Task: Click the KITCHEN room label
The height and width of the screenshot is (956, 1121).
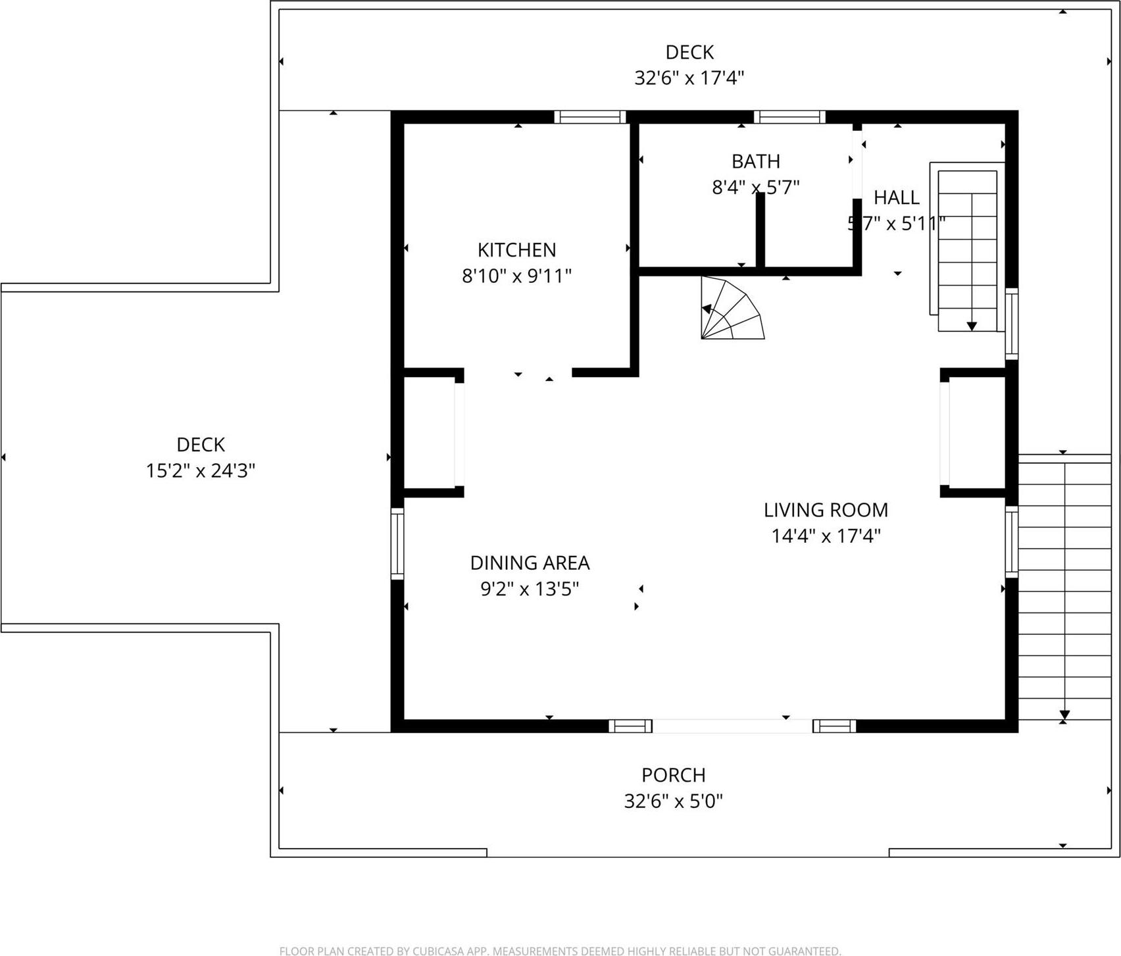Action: [x=516, y=250]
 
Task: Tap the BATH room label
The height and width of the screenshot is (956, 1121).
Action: [x=755, y=161]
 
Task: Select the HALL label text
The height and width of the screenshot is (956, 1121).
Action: [x=896, y=197]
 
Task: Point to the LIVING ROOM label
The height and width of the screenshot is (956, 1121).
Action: [x=826, y=510]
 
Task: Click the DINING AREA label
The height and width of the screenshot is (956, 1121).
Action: [x=530, y=563]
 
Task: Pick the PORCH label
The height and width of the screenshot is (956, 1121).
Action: [x=673, y=775]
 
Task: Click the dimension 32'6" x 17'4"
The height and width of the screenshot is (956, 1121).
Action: [x=689, y=78]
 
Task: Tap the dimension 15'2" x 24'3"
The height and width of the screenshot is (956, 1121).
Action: [x=200, y=471]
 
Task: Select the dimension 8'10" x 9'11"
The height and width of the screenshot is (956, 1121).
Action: [x=516, y=276]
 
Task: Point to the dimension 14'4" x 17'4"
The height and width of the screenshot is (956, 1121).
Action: [x=826, y=536]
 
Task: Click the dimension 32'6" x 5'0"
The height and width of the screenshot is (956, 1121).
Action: [x=673, y=801]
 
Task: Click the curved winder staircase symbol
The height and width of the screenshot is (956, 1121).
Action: [x=729, y=309]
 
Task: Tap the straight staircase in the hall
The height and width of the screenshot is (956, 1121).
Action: [x=967, y=250]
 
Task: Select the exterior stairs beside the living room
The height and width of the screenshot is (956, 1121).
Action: [x=1064, y=589]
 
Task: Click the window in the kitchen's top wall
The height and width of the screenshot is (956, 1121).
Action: [x=589, y=117]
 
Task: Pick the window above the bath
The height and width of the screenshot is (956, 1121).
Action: [x=789, y=117]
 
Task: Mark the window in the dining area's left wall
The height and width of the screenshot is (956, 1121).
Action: [x=397, y=544]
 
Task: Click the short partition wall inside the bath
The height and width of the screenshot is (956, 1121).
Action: [x=760, y=230]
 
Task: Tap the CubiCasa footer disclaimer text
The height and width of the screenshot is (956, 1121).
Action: [x=560, y=951]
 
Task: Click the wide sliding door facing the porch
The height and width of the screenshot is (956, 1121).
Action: [x=732, y=726]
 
